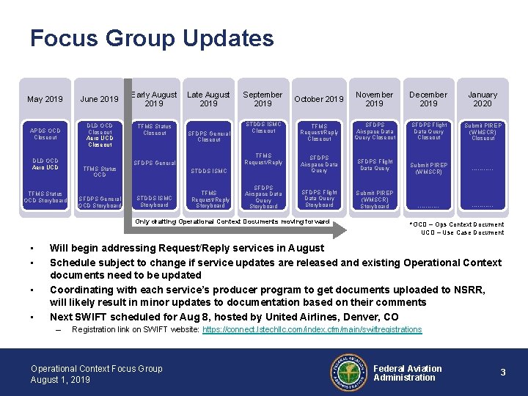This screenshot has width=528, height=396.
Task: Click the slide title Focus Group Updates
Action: [x=152, y=38]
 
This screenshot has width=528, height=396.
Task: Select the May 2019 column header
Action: [x=45, y=100]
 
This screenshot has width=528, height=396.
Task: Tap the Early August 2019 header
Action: [x=154, y=99]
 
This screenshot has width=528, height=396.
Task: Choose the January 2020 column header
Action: [x=483, y=99]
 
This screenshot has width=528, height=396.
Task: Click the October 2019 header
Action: [x=319, y=100]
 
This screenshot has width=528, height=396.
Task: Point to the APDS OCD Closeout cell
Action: [x=45, y=133]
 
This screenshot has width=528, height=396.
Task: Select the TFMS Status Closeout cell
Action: [x=155, y=130]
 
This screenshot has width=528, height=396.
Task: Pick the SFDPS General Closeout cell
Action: [x=209, y=136]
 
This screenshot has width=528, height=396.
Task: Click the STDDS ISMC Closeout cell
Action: [x=263, y=128]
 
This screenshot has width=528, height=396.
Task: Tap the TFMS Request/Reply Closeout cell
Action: [x=319, y=132]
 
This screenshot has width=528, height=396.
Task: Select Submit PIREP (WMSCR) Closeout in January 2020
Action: [x=483, y=132]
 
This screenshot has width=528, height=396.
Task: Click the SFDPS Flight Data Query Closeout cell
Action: [x=429, y=131]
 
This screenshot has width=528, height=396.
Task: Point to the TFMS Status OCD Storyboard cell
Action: [x=45, y=197]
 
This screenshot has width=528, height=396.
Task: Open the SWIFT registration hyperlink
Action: [x=312, y=330]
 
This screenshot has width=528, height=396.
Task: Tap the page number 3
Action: [x=503, y=373]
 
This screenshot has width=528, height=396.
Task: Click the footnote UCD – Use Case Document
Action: [x=462, y=232]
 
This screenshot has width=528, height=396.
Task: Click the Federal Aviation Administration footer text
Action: [x=408, y=373]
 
